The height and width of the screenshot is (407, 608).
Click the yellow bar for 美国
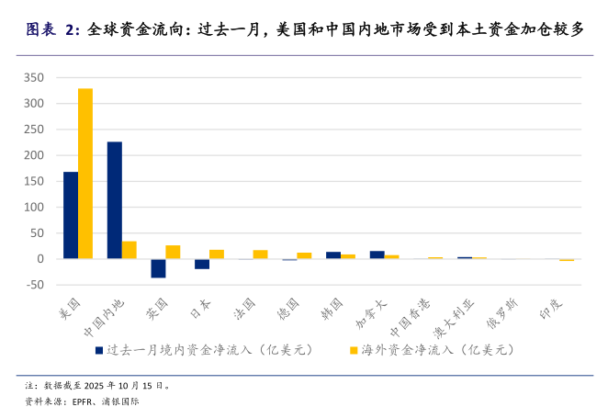click(85, 174)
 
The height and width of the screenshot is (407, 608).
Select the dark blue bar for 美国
click(71, 215)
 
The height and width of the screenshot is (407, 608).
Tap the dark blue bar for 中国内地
click(115, 200)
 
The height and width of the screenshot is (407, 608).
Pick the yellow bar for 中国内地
click(129, 250)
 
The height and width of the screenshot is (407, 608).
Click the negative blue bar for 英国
click(158, 267)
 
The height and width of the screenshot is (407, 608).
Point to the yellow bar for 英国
click(173, 252)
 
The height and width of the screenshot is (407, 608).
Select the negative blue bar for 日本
click(202, 264)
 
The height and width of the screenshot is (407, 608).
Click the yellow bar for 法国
click(261, 254)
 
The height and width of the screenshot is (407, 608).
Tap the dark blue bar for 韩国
click(333, 255)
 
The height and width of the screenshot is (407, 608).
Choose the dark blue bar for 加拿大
click(377, 254)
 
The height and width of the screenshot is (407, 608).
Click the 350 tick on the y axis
click(34, 77)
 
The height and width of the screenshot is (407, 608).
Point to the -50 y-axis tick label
click(34, 285)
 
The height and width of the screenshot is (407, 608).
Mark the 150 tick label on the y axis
click(34, 181)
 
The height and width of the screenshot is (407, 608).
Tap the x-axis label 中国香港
click(411, 317)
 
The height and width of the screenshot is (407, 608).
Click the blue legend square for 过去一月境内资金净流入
click(98, 350)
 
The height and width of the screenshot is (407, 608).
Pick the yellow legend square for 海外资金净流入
click(353, 350)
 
